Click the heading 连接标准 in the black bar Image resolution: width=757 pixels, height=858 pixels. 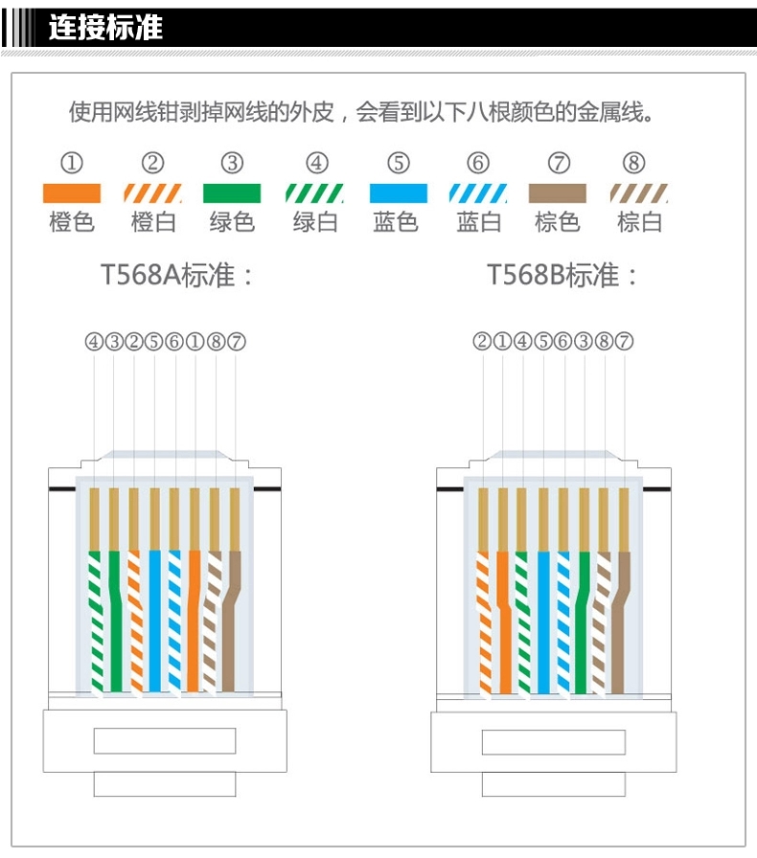pos(106,27)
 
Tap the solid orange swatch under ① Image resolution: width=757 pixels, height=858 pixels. pos(72,193)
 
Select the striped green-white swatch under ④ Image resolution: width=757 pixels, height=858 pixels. pos(315,193)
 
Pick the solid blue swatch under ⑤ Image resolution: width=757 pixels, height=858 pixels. pos(398,193)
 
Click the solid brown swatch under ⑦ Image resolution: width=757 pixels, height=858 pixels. pos(558,193)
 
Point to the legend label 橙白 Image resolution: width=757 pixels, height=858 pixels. pos(153,223)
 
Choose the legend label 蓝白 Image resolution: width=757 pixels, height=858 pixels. pos(479,223)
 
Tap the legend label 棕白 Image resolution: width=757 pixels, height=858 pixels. pos(640,223)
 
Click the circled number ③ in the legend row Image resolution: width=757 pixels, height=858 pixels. pos(232,163)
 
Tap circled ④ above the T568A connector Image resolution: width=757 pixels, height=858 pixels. pos(94,341)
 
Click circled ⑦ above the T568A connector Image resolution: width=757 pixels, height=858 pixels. pos(236,341)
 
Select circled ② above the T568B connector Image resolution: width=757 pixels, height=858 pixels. pos(482,341)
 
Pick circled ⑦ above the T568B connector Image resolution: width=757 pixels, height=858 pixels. pos(624,341)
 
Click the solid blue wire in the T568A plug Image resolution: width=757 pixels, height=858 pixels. pos(154,622)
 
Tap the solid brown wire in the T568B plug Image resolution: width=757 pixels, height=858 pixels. pos(624,622)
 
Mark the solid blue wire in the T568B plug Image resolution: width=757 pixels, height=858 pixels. pos(543,622)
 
